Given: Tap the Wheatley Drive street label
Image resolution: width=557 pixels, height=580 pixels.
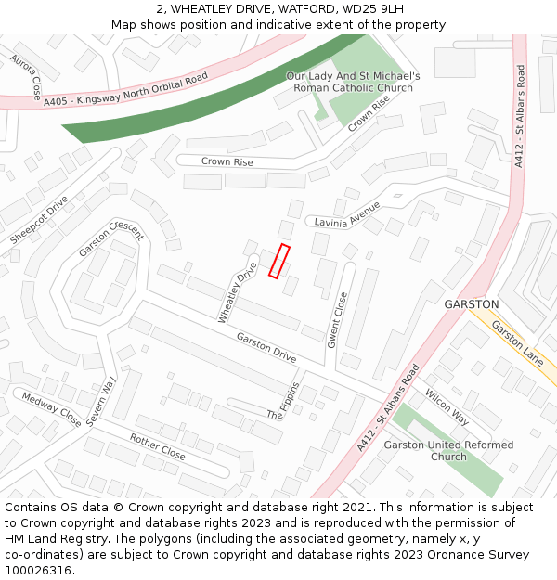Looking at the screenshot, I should tap(237, 292).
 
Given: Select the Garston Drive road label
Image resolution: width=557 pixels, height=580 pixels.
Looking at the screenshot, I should tap(266, 347).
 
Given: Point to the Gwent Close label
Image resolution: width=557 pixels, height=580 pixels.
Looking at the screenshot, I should tap(337, 320).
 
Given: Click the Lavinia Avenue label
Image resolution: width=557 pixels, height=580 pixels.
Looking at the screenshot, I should tap(347, 214).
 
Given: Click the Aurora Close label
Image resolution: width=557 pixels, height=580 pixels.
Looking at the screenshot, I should tap(26, 76).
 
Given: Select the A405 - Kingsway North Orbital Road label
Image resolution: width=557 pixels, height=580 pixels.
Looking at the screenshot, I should tap(125, 91).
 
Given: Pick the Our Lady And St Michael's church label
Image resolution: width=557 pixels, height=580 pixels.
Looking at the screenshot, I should tap(353, 82).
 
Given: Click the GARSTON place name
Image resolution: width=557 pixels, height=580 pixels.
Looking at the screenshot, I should tap(472, 304).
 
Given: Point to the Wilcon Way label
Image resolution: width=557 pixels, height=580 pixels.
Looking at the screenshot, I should tap(447, 406).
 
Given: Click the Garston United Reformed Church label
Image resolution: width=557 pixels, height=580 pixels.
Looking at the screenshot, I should tap(448, 451).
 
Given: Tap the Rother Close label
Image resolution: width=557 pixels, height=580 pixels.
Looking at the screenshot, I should tap(157, 446).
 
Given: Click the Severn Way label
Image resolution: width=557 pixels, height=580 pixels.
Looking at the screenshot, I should tap(102, 400).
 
